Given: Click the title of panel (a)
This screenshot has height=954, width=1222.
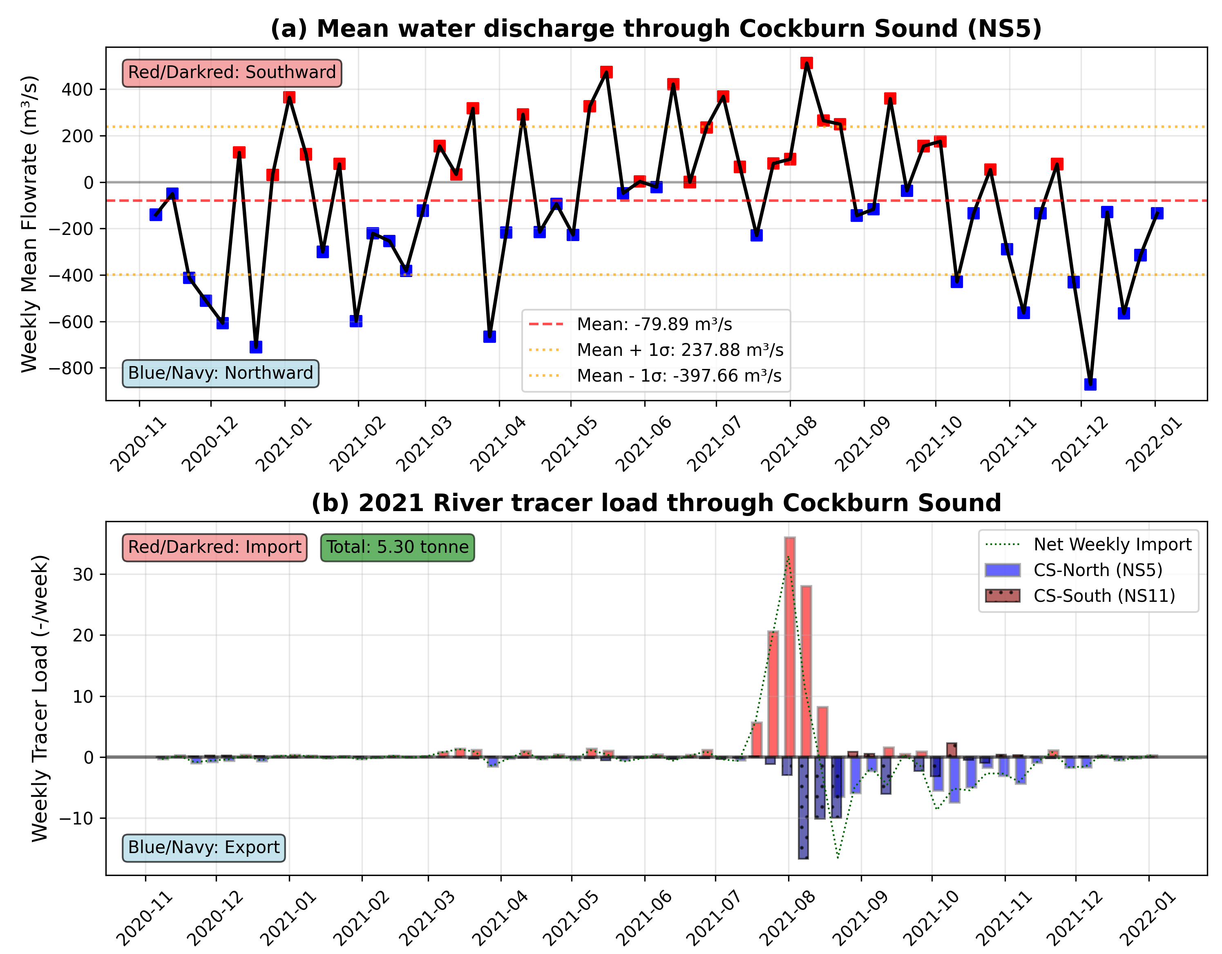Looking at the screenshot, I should click(656, 29).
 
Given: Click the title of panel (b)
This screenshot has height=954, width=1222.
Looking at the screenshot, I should click(656, 503).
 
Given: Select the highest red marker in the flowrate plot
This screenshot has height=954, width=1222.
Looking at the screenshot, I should click(806, 63).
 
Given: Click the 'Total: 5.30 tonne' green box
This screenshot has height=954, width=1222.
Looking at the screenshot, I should click(397, 547).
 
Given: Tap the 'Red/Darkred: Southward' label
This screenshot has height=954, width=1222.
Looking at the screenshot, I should click(232, 73).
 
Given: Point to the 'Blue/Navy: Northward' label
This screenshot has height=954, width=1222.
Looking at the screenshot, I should click(221, 373).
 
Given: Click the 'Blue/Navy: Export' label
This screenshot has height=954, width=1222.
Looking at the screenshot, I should click(203, 847).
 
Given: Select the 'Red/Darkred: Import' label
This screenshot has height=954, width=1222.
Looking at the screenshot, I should click(214, 547).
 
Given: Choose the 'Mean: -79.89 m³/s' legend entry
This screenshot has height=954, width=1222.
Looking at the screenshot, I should click(654, 324).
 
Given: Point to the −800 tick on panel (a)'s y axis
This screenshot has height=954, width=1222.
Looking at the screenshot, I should click(71, 368).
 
